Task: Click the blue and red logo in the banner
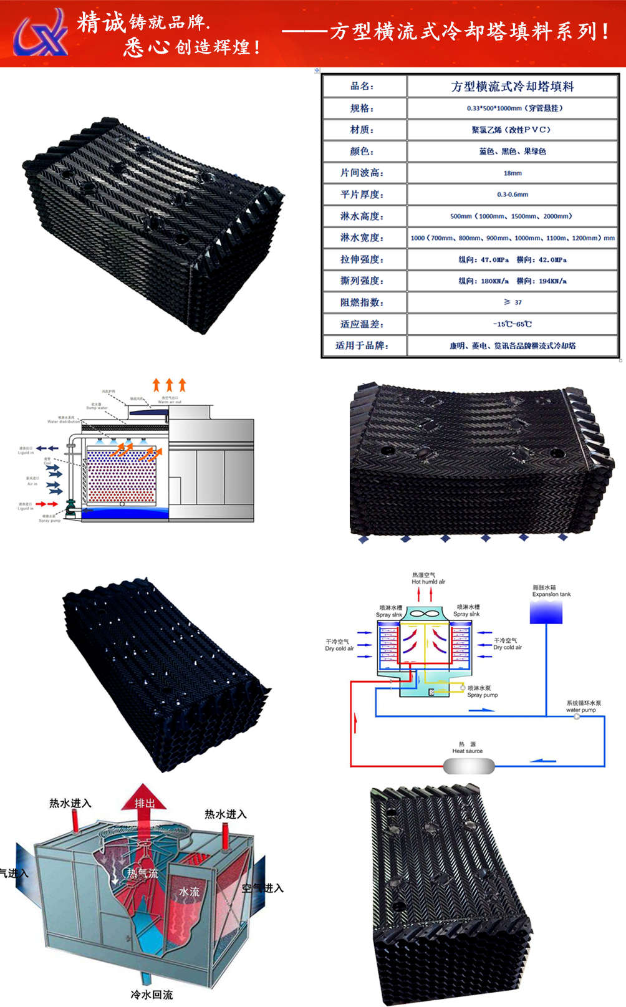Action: tap(41, 33)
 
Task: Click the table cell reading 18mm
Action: tap(513, 173)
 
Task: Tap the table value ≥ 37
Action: tap(513, 302)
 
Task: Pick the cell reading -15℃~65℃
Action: tap(513, 324)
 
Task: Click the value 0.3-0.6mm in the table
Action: tap(513, 195)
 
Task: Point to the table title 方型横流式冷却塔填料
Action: tap(513, 87)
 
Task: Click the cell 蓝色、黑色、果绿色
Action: tap(513, 152)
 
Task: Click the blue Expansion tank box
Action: tap(546, 612)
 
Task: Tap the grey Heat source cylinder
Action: tap(469, 765)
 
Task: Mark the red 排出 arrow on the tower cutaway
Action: tap(145, 801)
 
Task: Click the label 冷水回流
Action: tap(152, 995)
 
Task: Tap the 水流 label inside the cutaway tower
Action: tap(190, 892)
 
